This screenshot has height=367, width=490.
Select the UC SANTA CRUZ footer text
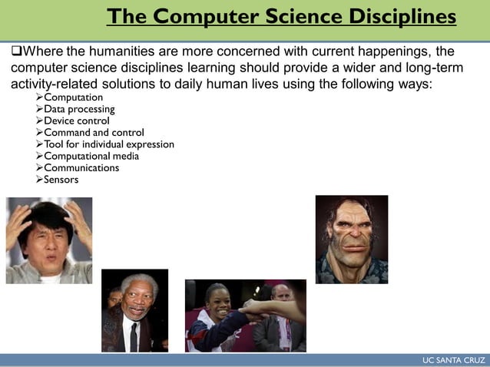coord(453,360)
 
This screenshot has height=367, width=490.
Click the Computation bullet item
coord(73,98)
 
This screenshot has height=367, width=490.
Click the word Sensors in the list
coord(61,180)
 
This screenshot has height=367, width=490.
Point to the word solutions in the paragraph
coord(151,83)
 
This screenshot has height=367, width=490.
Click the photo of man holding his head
coord(49,240)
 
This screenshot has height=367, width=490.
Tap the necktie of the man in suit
coord(134,336)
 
